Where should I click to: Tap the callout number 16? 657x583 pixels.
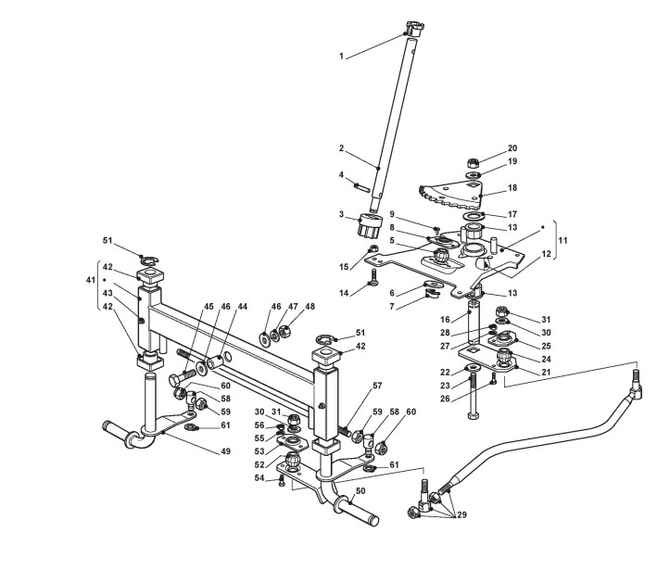[x=444, y=320]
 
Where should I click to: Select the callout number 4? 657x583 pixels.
[x=341, y=175]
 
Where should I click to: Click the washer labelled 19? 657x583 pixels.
[x=473, y=175]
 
